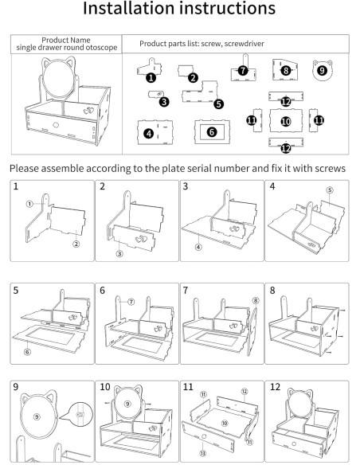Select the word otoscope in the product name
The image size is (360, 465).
pyautogui.click(x=101, y=48)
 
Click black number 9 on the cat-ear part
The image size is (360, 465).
pyautogui.click(x=322, y=71)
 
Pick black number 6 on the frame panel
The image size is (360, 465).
pyautogui.click(x=212, y=132)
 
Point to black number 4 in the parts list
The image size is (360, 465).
pyautogui.click(x=149, y=134)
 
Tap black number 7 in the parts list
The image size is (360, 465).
pyautogui.click(x=243, y=71)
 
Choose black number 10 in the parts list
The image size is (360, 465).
pyautogui.click(x=286, y=121)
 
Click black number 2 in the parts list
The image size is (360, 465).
pyautogui.click(x=193, y=78)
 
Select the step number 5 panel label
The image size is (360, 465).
pyautogui.click(x=16, y=290)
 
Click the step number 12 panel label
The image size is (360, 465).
pyautogui.click(x=275, y=387)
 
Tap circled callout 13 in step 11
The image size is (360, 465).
pyautogui.click(x=203, y=453)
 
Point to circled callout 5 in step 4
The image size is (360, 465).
pyautogui.click(x=330, y=190)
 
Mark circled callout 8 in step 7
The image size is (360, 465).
pyautogui.click(x=256, y=301)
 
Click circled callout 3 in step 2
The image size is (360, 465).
pyautogui.click(x=119, y=253)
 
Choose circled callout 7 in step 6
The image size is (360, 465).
pyautogui.click(x=131, y=302)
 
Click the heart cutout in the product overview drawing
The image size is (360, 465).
pyautogui.click(x=88, y=111)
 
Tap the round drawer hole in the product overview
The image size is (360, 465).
pyautogui.click(x=56, y=125)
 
